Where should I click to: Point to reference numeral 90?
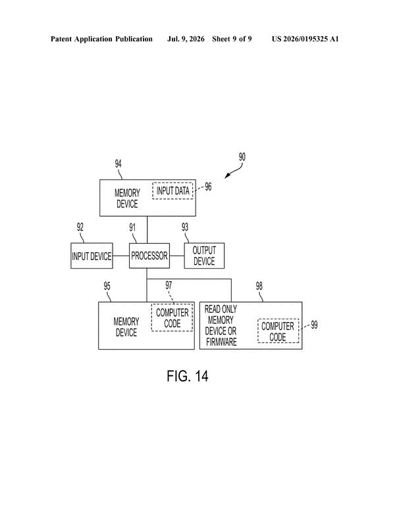click(x=242, y=157)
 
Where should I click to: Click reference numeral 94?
click(x=118, y=163)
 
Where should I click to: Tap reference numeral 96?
click(x=208, y=186)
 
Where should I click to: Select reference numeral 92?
click(x=80, y=227)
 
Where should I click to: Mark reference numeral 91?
click(x=132, y=228)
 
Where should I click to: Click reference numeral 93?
click(x=185, y=227)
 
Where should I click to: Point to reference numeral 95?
click(x=107, y=286)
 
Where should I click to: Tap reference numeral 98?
click(x=259, y=286)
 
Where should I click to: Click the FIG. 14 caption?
click(x=187, y=376)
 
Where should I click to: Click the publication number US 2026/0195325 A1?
click(x=305, y=40)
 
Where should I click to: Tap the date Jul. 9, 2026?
click(x=186, y=40)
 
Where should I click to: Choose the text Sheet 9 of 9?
click(x=232, y=40)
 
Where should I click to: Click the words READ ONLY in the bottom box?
click(x=221, y=309)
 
